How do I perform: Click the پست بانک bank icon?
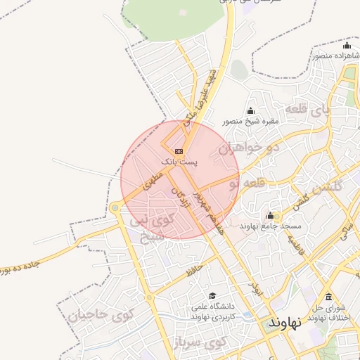click(x=179, y=150)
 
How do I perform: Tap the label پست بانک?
click(x=180, y=162)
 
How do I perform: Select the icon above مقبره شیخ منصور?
click(x=251, y=110)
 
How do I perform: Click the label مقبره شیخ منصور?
click(x=251, y=121)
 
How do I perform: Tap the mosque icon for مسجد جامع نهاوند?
click(x=270, y=215)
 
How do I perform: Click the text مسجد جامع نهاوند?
click(x=271, y=226)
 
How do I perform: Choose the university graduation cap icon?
click(x=212, y=296)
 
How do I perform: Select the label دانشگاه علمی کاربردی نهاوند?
click(x=212, y=311)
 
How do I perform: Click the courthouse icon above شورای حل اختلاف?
click(x=329, y=296)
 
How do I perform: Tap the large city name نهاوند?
click(x=284, y=323)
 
